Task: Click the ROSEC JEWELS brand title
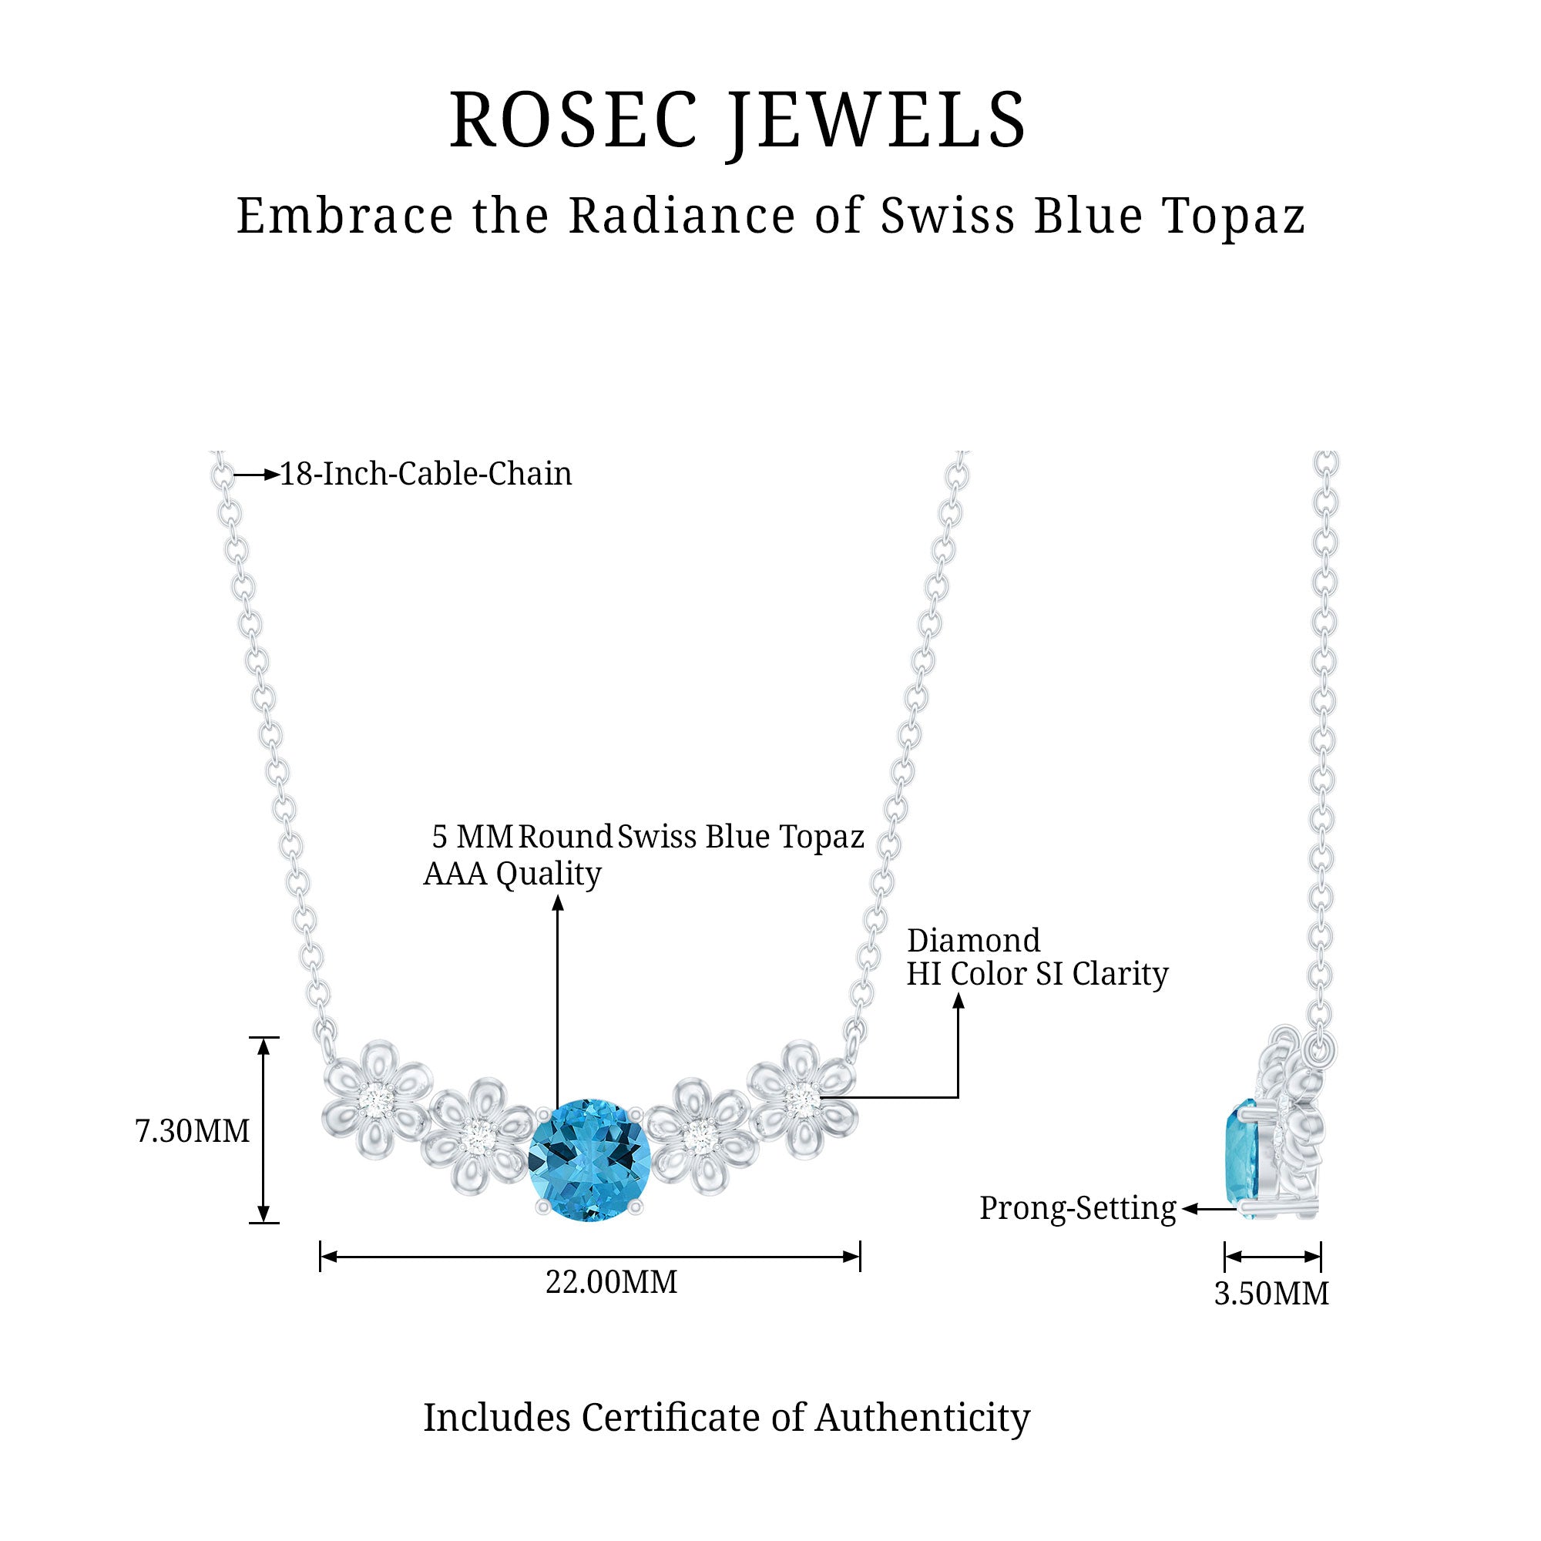point(738,121)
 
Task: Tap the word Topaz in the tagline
point(1233,217)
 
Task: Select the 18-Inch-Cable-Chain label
point(425,475)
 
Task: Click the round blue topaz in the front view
point(589,1159)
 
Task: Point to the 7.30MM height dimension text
point(192,1131)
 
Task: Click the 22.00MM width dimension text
point(611,1282)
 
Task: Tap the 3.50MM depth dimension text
point(1271,1293)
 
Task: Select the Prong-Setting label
point(1078,1208)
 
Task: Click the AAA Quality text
point(512,875)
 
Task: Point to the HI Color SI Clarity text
point(1037,974)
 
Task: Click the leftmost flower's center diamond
point(373,1100)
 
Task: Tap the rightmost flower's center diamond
point(801,1100)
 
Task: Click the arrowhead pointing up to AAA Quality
point(559,903)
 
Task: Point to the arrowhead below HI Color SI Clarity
point(959,1000)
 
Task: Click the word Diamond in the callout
point(973,942)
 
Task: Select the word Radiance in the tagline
point(682,217)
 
